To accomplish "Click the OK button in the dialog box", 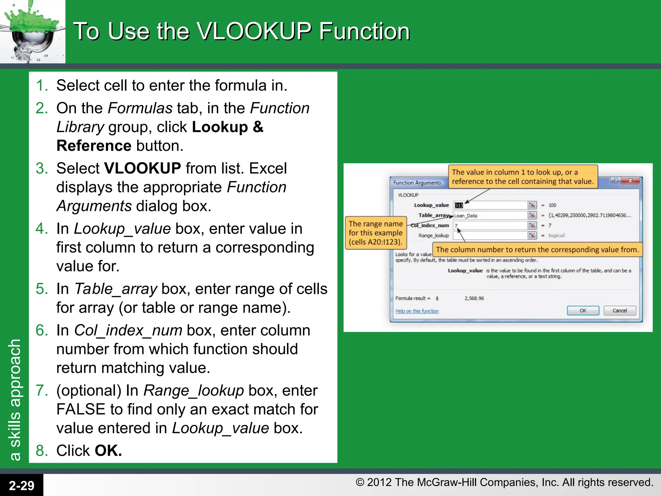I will [583, 311].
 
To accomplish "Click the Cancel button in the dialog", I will [620, 311].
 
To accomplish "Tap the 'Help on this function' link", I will [417, 311].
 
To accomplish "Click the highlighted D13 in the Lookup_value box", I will [459, 205].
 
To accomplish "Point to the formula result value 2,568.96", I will [474, 298].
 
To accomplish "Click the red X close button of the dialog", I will [630, 181].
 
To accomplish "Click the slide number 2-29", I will [21, 485].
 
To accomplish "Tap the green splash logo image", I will [32, 31].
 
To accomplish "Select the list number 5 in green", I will [42, 289].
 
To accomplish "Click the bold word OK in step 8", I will [108, 450].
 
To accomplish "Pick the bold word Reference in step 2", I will [94, 146].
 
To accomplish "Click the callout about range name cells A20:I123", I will [376, 233].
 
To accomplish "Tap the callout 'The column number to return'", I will [537, 250].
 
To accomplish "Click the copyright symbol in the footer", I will [360, 482].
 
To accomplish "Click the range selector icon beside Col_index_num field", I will [532, 225].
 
